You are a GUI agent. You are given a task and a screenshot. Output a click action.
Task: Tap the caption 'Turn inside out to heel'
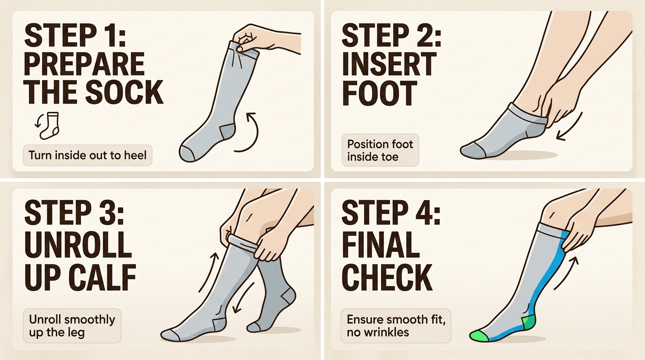tap(88, 155)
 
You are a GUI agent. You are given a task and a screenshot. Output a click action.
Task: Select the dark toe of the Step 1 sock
tap(188, 153)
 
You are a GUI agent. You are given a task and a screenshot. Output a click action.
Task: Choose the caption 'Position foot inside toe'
tap(380, 150)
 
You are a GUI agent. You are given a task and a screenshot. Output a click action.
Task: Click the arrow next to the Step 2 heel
tap(568, 127)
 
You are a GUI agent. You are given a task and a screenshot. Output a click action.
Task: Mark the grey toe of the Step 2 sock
tap(471, 150)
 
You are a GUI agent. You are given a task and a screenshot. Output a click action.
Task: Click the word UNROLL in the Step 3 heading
tap(77, 243)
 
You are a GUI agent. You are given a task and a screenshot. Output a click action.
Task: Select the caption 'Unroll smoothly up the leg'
tap(72, 326)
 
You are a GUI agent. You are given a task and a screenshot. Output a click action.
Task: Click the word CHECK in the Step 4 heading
tap(387, 277)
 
